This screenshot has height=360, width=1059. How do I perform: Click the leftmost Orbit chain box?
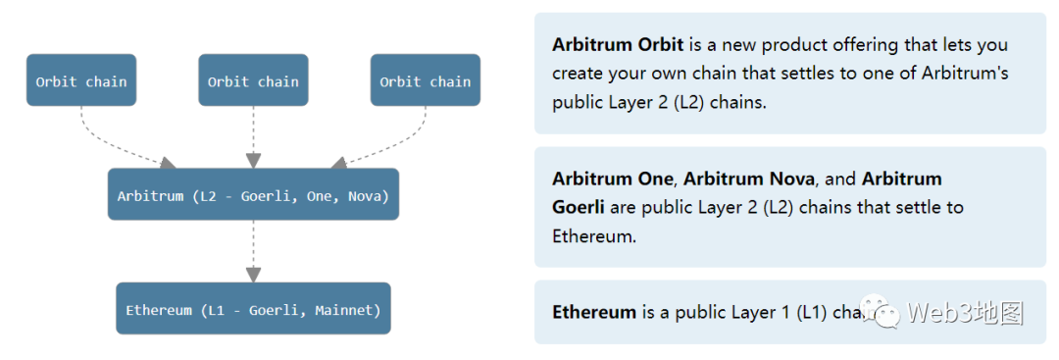click(81, 80)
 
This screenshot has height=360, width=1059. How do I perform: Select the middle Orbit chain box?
click(253, 80)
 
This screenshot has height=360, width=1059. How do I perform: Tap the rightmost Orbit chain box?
click(425, 80)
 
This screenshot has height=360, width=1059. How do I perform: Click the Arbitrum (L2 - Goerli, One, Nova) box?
click(253, 195)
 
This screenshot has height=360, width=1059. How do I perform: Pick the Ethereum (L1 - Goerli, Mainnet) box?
click(253, 309)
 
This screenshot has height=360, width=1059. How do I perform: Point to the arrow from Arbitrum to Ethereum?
click(253, 251)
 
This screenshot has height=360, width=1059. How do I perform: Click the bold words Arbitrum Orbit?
click(618, 45)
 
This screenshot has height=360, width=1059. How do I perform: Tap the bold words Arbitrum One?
click(612, 179)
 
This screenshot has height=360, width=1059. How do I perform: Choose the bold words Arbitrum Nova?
click(748, 179)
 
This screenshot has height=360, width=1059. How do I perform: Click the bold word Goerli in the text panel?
click(579, 207)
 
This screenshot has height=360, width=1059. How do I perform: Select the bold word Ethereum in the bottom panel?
click(594, 312)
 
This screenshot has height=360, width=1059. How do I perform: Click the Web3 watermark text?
click(965, 313)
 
